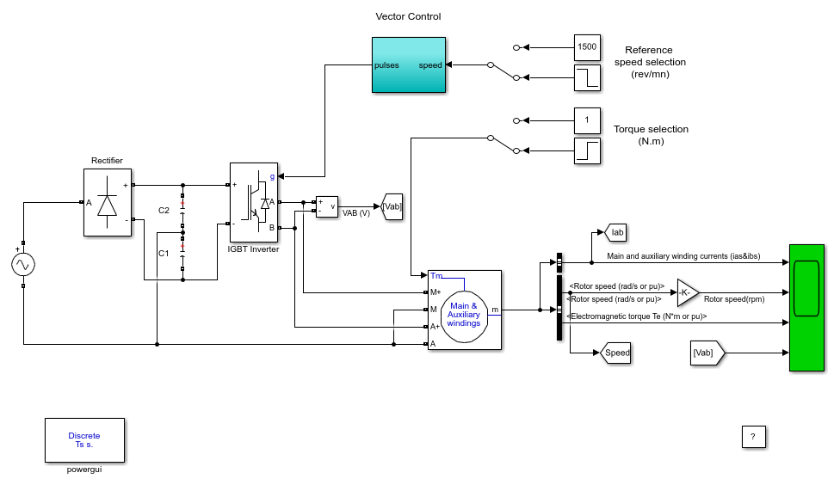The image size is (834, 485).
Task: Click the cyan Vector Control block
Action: click(x=409, y=64)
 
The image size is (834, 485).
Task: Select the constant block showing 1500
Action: click(x=587, y=48)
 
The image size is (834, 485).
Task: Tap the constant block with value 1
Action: click(x=587, y=120)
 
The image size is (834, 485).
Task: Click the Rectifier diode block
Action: click(x=108, y=202)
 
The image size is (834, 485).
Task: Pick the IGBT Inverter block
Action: click(x=254, y=202)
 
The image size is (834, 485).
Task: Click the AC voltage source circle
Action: click(x=23, y=265)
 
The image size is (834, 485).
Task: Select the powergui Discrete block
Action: click(x=84, y=440)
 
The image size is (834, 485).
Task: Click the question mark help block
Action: click(x=754, y=437)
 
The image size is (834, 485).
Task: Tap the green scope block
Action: click(x=806, y=308)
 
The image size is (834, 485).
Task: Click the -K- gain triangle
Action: click(x=687, y=292)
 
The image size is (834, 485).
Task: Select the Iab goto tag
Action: click(x=616, y=232)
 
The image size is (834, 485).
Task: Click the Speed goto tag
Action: click(x=615, y=353)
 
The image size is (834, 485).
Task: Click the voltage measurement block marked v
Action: click(x=326, y=206)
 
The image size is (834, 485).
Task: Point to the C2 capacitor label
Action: click(x=164, y=211)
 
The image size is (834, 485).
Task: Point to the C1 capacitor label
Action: click(x=164, y=254)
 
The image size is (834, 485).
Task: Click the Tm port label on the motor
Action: click(x=436, y=276)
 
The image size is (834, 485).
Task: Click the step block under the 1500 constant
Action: click(x=587, y=77)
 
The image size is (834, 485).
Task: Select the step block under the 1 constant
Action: click(x=587, y=150)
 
